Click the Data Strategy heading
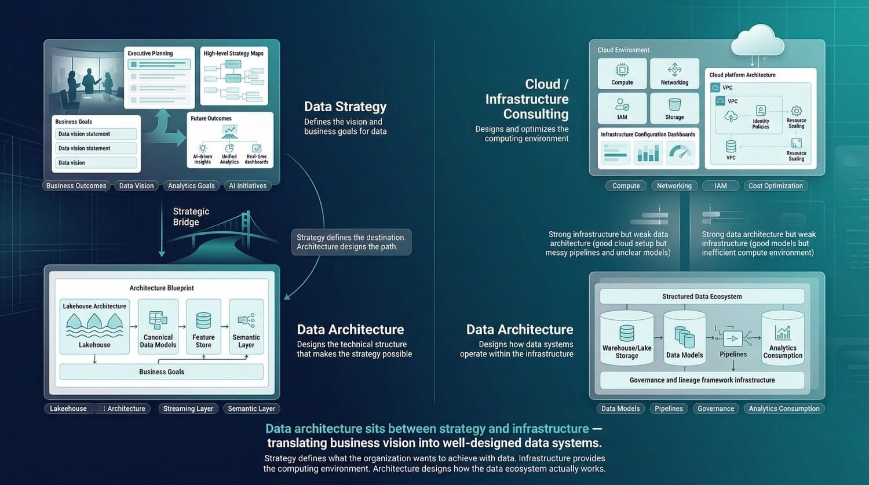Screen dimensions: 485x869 point(345,107)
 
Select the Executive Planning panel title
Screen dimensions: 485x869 point(150,53)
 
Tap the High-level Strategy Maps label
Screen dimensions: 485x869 point(233,53)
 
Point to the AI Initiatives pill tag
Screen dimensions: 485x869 point(247,186)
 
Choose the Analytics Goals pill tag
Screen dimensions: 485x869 point(191,186)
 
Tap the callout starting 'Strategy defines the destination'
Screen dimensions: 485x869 point(351,242)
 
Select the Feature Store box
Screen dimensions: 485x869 point(203,327)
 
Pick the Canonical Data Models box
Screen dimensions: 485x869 point(158,327)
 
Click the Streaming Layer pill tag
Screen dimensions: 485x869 point(188,409)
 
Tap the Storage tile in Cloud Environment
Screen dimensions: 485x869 point(674,108)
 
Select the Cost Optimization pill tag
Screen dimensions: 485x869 point(775,186)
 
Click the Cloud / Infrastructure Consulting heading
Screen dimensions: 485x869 point(527,99)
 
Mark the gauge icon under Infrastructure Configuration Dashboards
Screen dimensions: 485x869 point(680,153)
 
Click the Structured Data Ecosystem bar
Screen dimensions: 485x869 point(702,297)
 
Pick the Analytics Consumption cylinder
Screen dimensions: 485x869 point(783,339)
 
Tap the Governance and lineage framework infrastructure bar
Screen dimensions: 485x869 point(702,380)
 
